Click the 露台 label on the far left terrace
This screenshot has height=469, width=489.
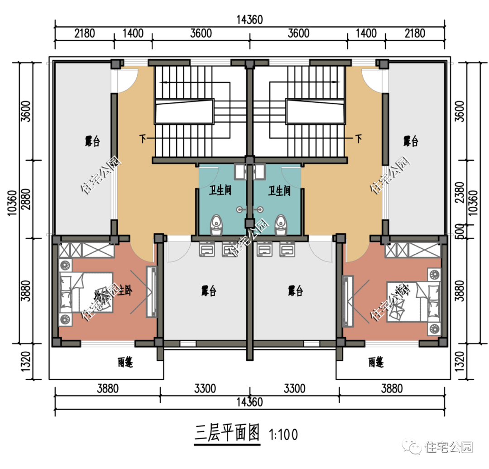click(x=92, y=141)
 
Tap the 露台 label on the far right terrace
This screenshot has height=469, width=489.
click(x=411, y=141)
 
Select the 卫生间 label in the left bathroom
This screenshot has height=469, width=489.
click(x=220, y=191)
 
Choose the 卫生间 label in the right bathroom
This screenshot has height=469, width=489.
click(x=279, y=191)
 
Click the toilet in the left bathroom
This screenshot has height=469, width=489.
click(x=216, y=225)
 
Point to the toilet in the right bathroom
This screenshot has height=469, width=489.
click(x=281, y=225)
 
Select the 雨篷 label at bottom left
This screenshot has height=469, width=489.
click(x=125, y=363)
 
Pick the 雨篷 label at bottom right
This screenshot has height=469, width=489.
click(x=376, y=363)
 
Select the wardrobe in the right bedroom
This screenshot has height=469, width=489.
click(x=412, y=250)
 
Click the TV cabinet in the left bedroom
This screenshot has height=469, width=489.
click(x=151, y=292)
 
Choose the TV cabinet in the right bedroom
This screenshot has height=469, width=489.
click(x=348, y=301)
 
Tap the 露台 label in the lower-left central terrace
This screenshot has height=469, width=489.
click(x=208, y=291)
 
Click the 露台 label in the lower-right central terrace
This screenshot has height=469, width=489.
click(x=295, y=291)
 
